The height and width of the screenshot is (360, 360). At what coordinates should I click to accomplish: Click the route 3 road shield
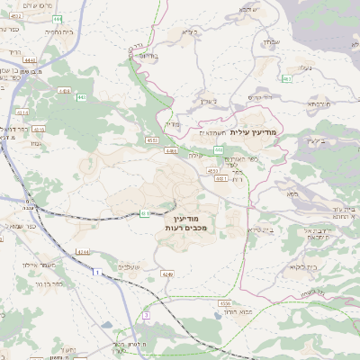[145, 316]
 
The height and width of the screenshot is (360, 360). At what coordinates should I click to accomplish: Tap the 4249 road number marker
[166, 273]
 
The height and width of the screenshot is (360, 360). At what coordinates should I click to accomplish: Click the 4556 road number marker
[224, 302]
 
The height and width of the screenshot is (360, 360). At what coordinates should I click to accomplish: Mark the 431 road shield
[146, 212]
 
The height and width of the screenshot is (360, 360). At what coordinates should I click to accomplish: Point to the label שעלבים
[130, 267]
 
